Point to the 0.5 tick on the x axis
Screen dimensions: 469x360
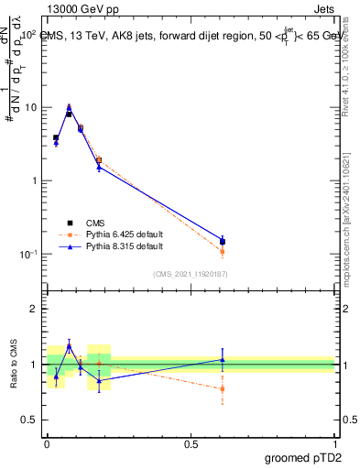click(x=191, y=442)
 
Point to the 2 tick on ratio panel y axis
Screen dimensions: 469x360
click(x=36, y=309)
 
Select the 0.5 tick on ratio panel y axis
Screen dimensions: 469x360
click(x=32, y=420)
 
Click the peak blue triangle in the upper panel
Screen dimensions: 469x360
click(x=70, y=107)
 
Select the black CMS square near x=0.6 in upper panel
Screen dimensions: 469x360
click(x=223, y=242)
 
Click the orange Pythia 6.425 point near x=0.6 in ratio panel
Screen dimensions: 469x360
click(x=223, y=388)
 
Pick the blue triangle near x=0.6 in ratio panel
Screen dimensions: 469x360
click(x=223, y=359)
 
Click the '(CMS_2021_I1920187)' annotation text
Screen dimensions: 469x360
click(x=190, y=273)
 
